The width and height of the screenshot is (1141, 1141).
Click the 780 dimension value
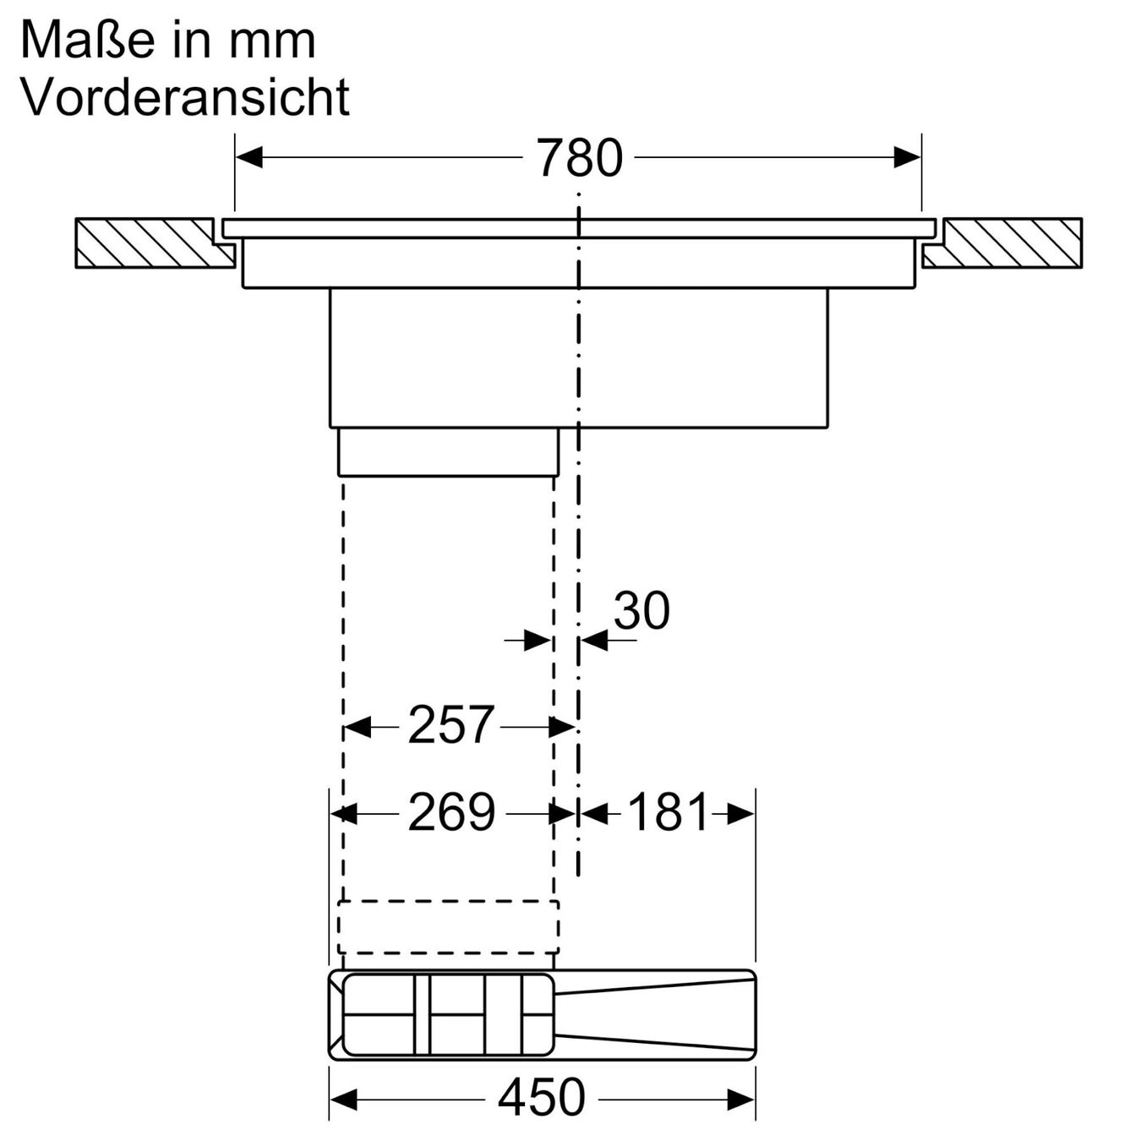(581, 158)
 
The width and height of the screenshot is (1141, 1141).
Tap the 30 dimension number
(641, 610)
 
